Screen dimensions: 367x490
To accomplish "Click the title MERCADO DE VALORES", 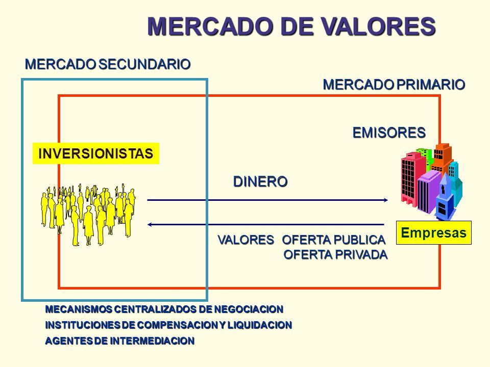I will (291, 25).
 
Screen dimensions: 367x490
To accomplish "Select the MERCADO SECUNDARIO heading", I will (108, 64).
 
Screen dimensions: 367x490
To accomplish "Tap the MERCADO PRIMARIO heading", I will (394, 84).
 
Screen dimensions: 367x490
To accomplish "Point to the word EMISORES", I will (388, 132).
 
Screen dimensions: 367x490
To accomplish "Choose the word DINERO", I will (260, 180).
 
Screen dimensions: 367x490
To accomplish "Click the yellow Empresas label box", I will (433, 233).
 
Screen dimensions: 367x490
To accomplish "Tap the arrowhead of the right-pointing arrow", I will (386, 200).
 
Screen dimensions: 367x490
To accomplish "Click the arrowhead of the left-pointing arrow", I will (151, 224).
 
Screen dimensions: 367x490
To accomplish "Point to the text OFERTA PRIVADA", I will (335, 254).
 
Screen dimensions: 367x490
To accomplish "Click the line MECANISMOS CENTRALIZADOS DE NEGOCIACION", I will (163, 309).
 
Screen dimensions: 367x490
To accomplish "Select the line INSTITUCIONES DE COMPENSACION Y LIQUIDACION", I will (168, 325).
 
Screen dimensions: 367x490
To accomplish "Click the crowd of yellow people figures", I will (87, 214).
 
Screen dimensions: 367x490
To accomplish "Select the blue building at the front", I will (446, 199).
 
